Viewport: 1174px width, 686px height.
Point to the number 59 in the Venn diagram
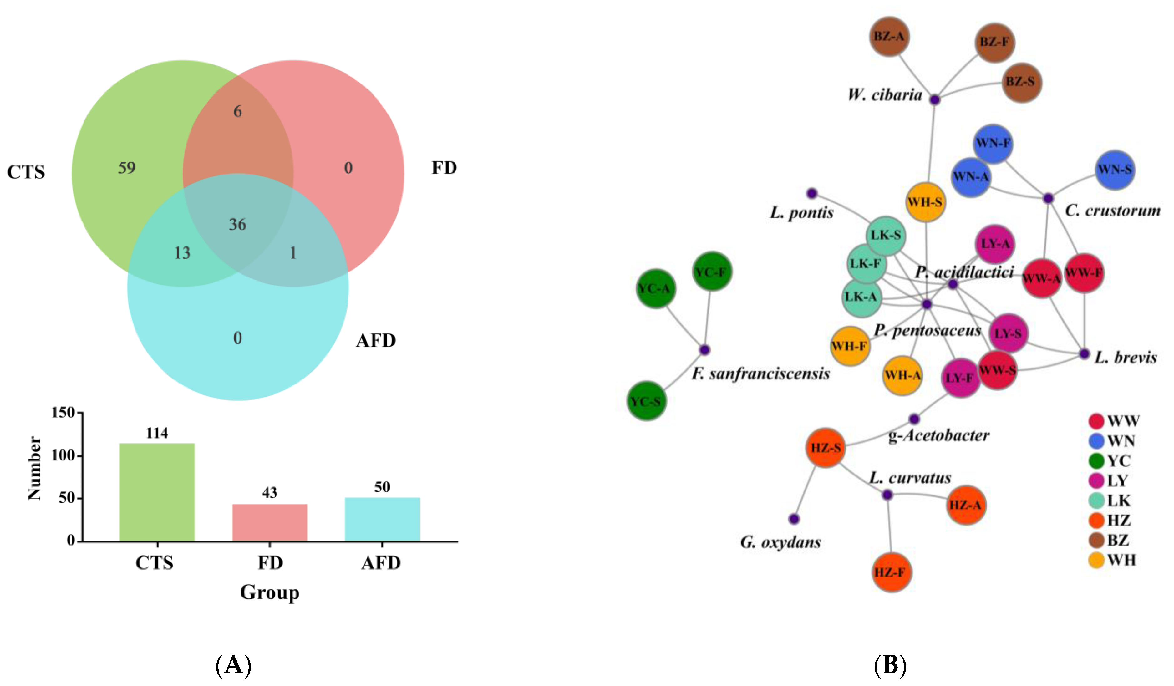point(127,168)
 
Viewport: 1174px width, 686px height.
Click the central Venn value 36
point(238,225)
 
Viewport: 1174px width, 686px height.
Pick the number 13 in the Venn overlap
point(182,253)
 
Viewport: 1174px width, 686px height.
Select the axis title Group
point(270,592)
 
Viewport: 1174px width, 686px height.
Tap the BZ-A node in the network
point(889,36)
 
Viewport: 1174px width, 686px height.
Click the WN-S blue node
point(1115,170)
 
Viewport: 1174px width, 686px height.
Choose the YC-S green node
point(646,401)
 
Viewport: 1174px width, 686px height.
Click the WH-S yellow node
point(925,202)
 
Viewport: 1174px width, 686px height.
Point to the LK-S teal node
point(886,236)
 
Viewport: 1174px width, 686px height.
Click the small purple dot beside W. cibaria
point(935,99)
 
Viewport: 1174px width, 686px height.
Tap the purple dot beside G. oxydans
point(794,519)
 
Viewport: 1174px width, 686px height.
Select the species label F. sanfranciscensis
point(761,373)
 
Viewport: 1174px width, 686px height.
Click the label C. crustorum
point(1112,211)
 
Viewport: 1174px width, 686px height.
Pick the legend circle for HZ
point(1097,520)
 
